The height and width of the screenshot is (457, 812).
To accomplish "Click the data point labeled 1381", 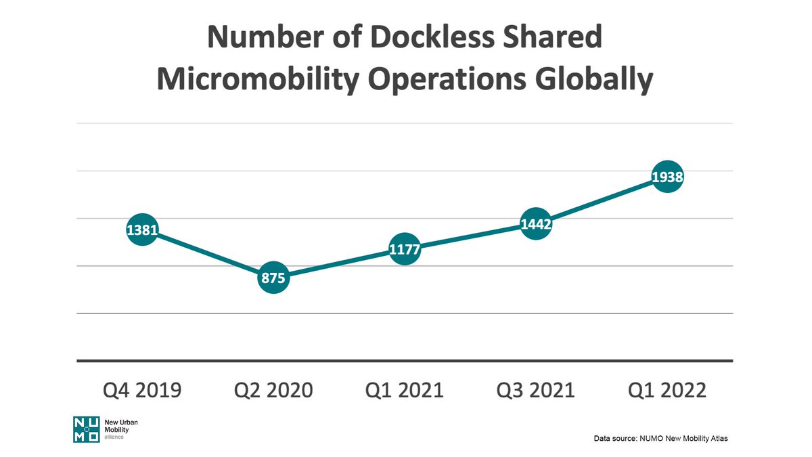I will point(142,230).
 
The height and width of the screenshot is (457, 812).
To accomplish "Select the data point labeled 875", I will point(273,278).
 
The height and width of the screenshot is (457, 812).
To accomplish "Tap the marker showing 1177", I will point(405,251).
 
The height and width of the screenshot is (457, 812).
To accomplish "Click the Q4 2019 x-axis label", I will point(142,391).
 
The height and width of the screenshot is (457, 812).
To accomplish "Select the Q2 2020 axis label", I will point(273,391).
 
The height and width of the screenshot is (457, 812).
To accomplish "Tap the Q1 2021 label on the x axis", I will point(405,391).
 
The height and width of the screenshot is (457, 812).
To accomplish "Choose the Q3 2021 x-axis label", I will point(536,391).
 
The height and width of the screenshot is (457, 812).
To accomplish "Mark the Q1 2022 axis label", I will point(667,391).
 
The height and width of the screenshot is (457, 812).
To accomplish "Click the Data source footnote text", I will point(660,439).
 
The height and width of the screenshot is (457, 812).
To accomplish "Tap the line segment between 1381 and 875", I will point(208,254).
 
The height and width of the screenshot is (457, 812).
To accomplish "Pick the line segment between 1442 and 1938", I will point(602,200).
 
